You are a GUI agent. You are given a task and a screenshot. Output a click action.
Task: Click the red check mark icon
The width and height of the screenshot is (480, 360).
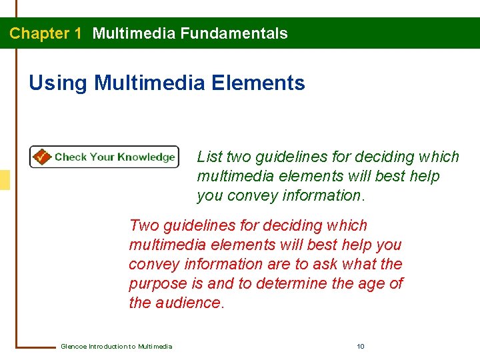(x=41, y=157)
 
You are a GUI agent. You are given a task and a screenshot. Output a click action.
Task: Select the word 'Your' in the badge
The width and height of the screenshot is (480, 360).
(x=102, y=157)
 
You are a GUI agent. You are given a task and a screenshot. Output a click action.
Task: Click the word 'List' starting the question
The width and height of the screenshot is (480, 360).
(x=210, y=157)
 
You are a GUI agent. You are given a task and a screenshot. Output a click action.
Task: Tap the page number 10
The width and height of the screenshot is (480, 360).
(x=361, y=346)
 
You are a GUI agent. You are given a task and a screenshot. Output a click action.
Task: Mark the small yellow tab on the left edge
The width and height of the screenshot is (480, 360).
(x=5, y=180)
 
